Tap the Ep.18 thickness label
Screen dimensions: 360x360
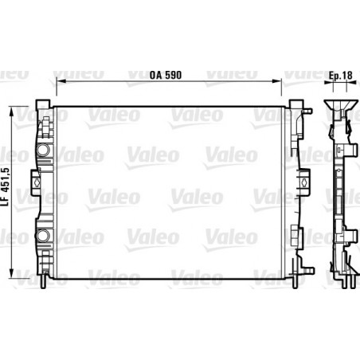(340, 76)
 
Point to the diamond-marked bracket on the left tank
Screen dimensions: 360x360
(36, 182)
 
